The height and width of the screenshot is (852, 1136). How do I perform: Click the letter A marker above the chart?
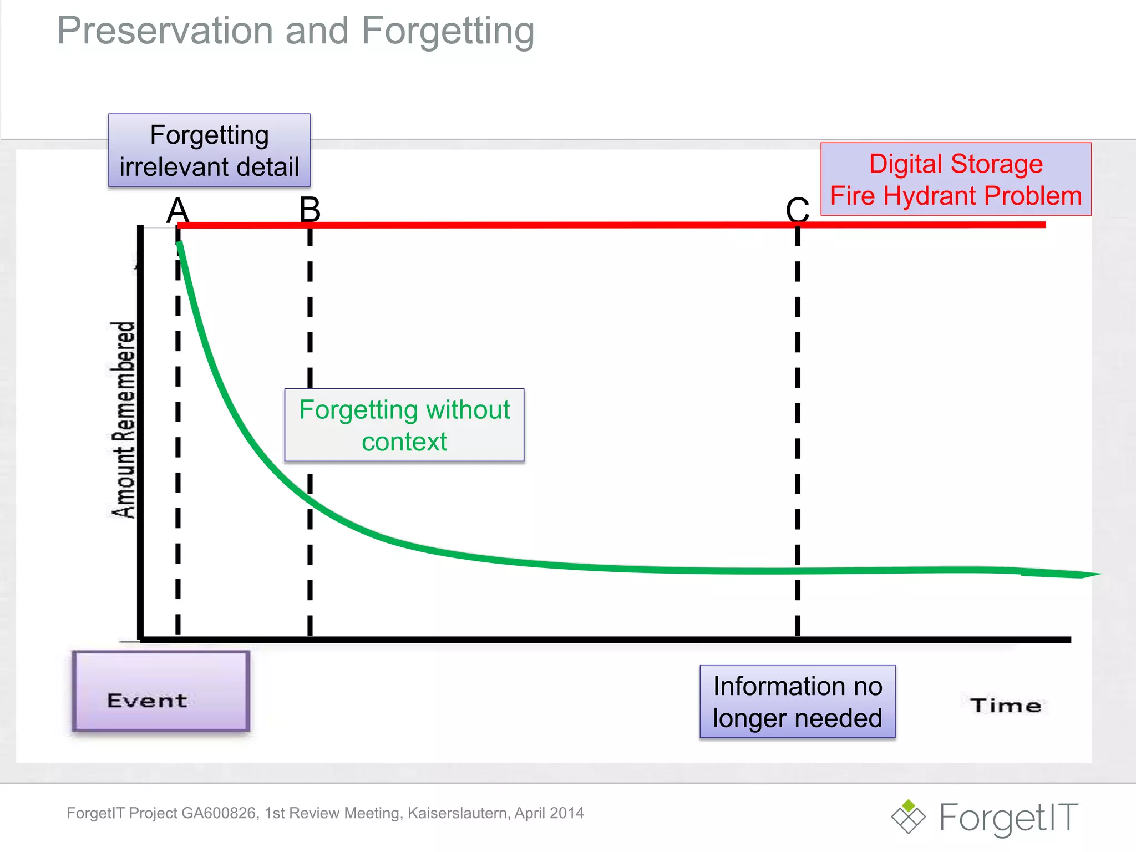click(x=178, y=211)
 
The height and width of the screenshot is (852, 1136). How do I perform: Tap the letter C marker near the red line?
click(x=797, y=211)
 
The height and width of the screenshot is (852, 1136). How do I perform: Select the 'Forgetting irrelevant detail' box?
click(x=209, y=150)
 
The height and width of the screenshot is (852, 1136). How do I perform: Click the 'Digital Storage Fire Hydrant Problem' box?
click(x=955, y=179)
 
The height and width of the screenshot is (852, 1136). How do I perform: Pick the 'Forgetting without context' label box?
click(x=404, y=425)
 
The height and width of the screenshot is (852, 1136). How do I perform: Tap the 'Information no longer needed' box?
click(x=797, y=701)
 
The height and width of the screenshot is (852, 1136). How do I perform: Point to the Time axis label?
click(x=1005, y=706)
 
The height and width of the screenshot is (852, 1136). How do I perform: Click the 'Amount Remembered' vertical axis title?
click(x=123, y=420)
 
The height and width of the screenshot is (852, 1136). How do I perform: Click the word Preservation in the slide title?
click(x=165, y=31)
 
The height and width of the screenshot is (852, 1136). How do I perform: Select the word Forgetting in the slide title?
click(x=448, y=31)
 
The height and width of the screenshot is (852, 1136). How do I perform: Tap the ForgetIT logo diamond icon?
click(x=908, y=816)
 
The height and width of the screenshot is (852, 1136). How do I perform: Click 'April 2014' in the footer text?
click(x=549, y=813)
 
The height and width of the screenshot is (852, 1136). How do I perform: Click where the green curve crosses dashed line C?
click(x=797, y=571)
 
